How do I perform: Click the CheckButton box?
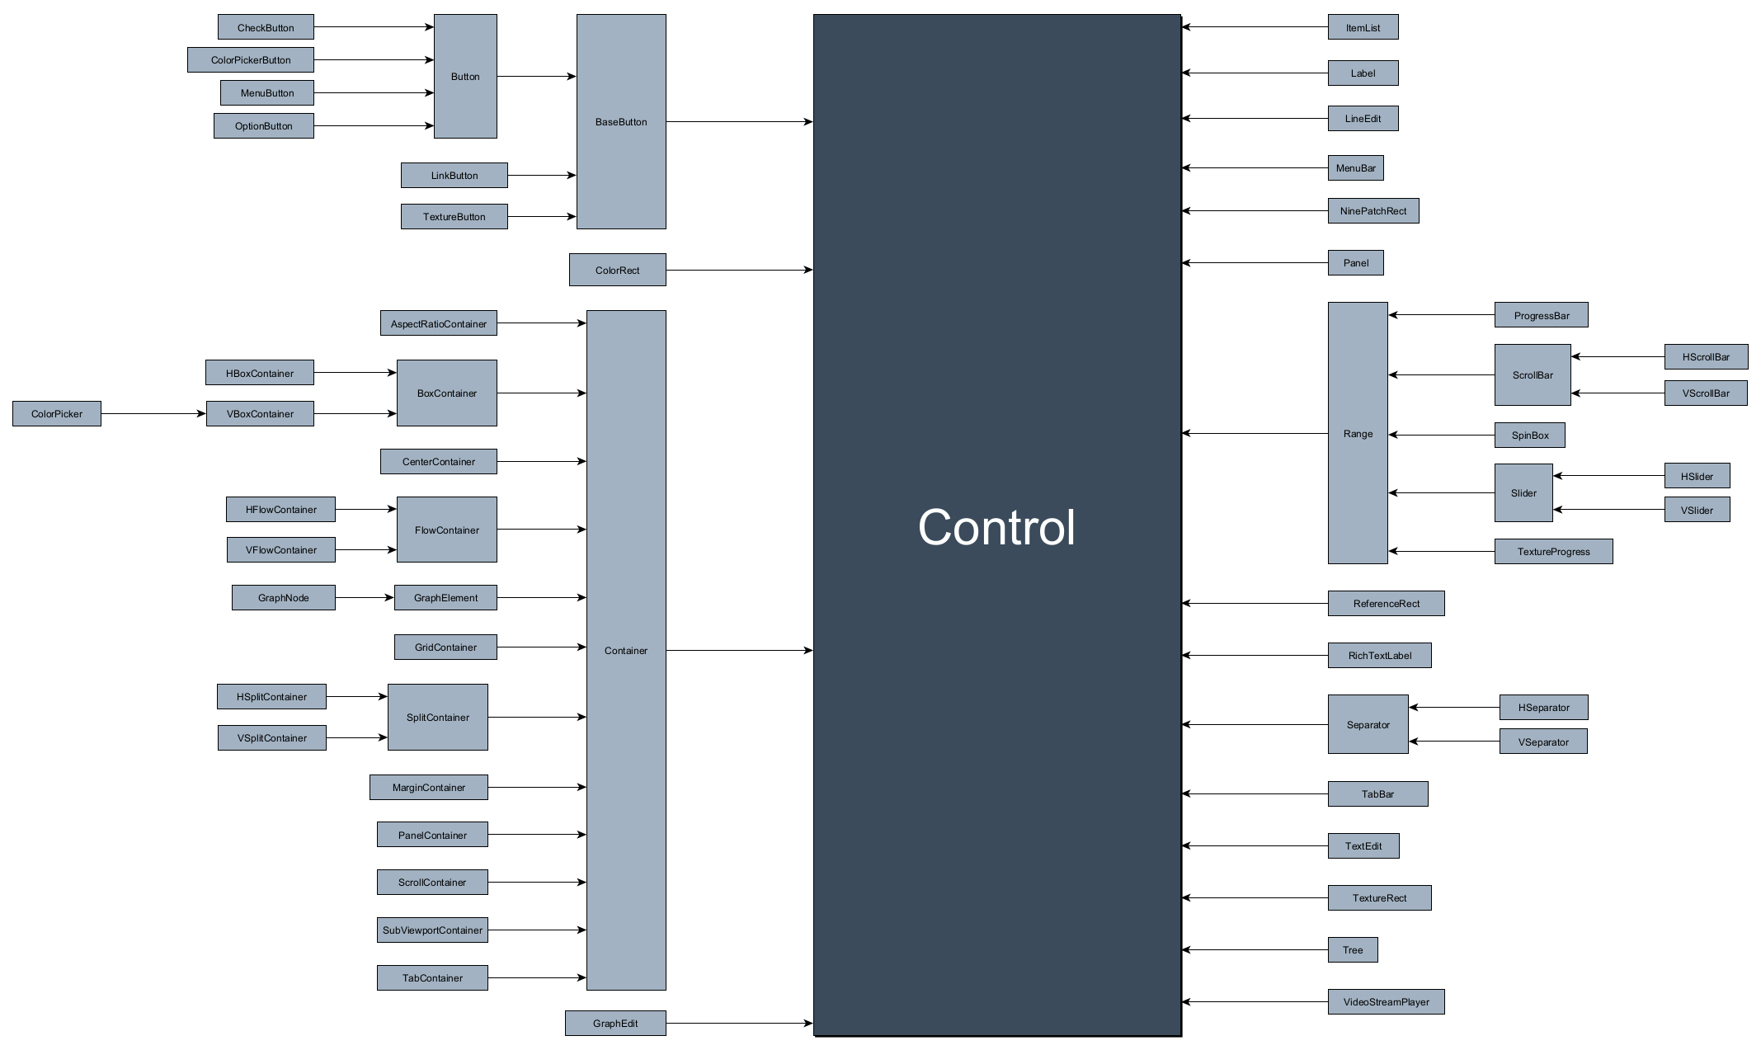click(266, 27)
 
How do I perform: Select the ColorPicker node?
click(57, 414)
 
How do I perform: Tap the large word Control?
click(996, 528)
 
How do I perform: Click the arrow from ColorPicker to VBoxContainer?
click(153, 414)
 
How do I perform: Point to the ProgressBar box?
click(1541, 315)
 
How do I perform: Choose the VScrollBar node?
click(1705, 393)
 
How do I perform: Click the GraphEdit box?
click(615, 1024)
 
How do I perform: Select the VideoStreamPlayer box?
click(1386, 1002)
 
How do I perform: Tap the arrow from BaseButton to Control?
click(739, 122)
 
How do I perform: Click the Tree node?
click(1353, 950)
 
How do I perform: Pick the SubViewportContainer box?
click(432, 930)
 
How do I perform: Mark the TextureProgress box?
click(1553, 552)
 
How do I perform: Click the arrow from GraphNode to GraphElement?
click(364, 597)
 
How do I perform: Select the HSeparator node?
click(1543, 708)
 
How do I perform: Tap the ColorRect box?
click(617, 271)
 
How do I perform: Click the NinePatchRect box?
click(1373, 211)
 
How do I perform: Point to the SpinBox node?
click(1529, 436)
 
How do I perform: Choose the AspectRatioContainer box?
click(438, 323)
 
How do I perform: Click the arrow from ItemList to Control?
click(1254, 27)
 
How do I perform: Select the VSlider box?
click(1697, 511)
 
